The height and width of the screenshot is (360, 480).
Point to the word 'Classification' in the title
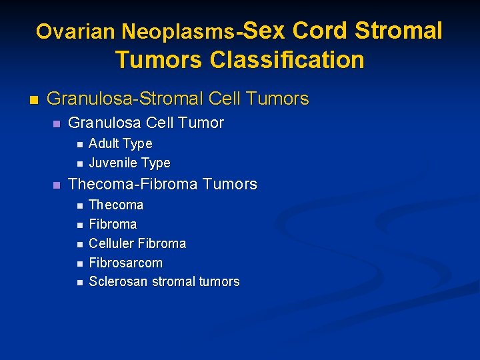pyautogui.click(x=287, y=60)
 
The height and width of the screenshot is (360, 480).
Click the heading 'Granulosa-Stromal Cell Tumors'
pyautogui.click(x=178, y=99)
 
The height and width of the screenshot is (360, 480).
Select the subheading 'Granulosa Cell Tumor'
pyautogui.click(x=146, y=123)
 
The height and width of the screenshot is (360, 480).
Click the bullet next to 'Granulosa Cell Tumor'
pyautogui.click(x=57, y=124)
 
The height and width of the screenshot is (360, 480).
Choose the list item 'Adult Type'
pyautogui.click(x=120, y=143)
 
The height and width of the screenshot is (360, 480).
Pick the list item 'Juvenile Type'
pyautogui.click(x=129, y=163)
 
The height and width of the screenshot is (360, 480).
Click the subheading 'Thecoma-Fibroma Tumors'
pyautogui.click(x=162, y=184)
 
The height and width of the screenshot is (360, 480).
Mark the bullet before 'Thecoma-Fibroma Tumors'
pyautogui.click(x=57, y=185)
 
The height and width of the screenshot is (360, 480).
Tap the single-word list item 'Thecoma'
pyautogui.click(x=116, y=205)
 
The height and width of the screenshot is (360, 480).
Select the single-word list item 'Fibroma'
pyautogui.click(x=113, y=224)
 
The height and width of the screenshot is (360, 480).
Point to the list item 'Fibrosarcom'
pyautogui.click(x=125, y=263)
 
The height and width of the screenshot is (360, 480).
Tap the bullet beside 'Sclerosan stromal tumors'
pyautogui.click(x=79, y=283)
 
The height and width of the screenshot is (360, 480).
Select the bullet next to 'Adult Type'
pyautogui.click(x=79, y=144)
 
